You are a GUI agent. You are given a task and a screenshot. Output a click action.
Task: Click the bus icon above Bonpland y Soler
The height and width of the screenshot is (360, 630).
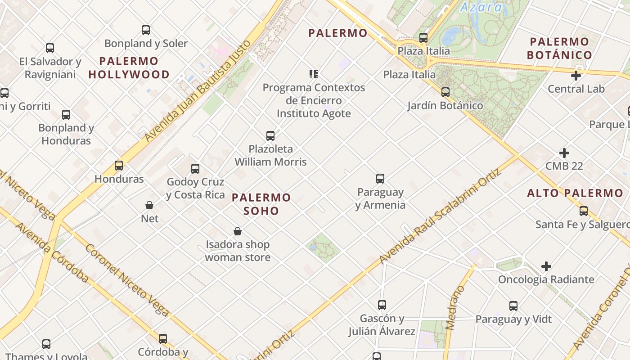[x=146, y=30]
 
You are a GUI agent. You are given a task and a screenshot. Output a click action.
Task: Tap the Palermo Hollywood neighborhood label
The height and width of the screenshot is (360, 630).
[x=129, y=67]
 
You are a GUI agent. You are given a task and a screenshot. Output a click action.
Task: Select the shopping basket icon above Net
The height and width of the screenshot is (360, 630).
[x=149, y=205]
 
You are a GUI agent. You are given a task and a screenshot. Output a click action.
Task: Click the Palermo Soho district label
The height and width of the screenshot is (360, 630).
[x=261, y=204]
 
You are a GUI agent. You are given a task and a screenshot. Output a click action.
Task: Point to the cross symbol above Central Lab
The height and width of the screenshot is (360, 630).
[x=576, y=76]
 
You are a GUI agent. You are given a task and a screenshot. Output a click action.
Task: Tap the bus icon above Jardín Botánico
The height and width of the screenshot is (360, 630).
[x=445, y=92]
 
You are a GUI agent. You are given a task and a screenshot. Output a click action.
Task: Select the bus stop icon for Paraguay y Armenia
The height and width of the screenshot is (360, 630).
[x=380, y=179]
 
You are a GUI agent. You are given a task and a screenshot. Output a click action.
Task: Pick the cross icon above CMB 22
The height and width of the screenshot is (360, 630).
[x=564, y=153]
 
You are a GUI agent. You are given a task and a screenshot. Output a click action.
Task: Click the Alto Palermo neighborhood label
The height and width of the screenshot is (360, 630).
[x=575, y=193]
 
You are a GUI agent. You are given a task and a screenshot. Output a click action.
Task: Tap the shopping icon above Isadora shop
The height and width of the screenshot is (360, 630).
[x=238, y=231]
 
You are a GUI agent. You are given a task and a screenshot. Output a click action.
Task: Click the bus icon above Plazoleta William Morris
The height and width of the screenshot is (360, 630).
[x=270, y=135]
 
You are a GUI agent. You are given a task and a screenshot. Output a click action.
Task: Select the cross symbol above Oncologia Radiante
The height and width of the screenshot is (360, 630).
[x=546, y=266]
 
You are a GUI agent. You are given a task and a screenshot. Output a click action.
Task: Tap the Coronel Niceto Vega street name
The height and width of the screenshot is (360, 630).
[x=127, y=280]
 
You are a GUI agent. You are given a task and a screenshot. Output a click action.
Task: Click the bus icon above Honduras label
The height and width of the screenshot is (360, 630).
[x=119, y=166]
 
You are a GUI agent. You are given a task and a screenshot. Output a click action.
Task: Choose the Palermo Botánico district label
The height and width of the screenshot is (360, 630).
[x=559, y=49]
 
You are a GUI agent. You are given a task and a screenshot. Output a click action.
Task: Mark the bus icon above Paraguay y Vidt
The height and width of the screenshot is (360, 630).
[x=513, y=306]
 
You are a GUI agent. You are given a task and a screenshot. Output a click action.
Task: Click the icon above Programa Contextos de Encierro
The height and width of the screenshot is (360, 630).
[x=314, y=74]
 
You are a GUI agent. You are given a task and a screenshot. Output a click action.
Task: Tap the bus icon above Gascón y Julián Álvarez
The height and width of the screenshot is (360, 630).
[x=382, y=305]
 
